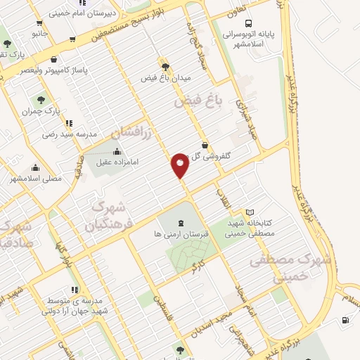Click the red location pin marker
(x=180, y=166)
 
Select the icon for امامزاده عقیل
(x=117, y=151)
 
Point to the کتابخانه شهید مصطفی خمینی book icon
(x=250, y=212)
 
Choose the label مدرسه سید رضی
(x=67, y=134)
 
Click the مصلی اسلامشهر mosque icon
(x=36, y=168)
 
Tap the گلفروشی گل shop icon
(x=207, y=144)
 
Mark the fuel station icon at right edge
(x=345, y=321)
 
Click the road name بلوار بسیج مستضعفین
(x=144, y=22)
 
